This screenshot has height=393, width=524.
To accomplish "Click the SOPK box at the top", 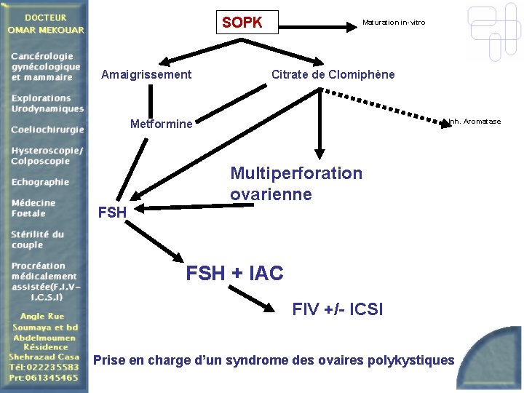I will [243, 23].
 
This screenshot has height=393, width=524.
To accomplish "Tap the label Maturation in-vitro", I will [394, 23].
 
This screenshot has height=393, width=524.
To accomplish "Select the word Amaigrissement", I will [146, 74].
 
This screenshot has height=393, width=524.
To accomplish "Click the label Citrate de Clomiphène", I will [333, 74].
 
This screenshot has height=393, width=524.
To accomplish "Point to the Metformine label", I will [161, 124].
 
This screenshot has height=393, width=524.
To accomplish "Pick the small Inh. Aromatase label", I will [475, 121].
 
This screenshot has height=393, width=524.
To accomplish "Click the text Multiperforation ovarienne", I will [295, 183].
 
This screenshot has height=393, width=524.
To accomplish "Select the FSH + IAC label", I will [234, 274].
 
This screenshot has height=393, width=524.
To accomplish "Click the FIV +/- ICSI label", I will [337, 309].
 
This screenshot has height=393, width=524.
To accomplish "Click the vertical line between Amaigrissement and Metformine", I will [151, 98].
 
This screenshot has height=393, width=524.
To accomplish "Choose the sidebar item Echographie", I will [40, 182].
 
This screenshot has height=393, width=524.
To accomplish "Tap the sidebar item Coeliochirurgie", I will [47, 130].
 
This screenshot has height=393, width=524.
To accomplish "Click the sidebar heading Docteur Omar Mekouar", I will [46, 23].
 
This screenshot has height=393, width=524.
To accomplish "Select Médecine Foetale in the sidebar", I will [33, 208].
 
